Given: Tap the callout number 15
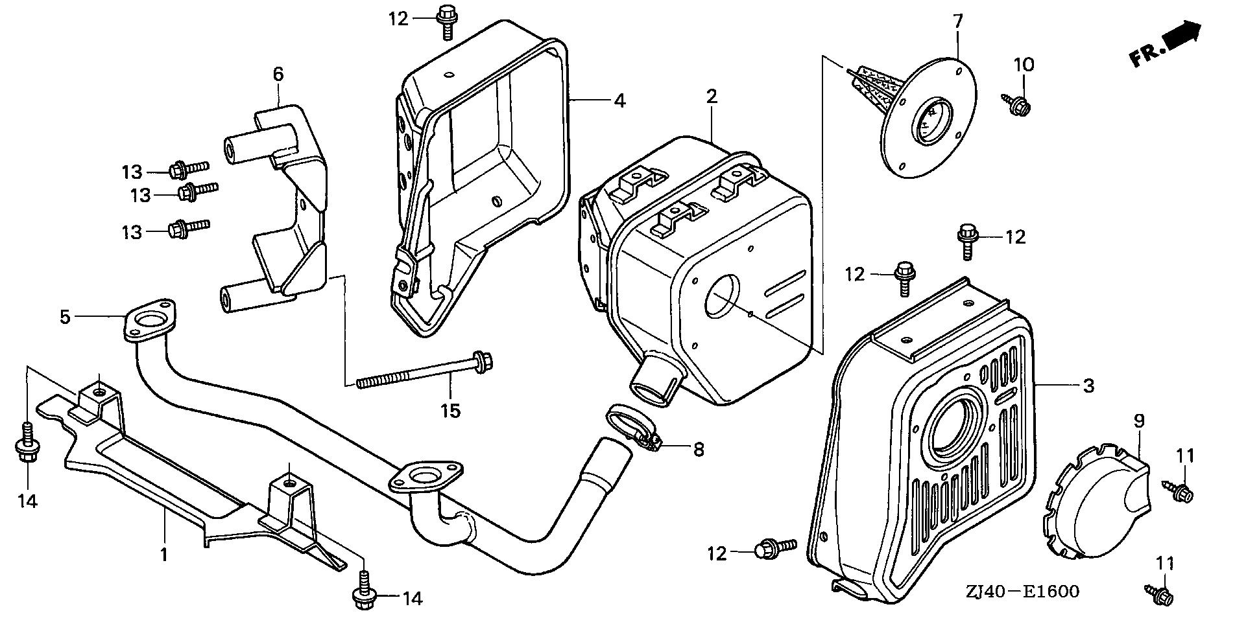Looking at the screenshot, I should [x=450, y=410].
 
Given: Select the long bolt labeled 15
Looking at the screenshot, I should [x=422, y=372].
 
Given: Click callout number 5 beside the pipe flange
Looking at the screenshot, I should [x=65, y=317].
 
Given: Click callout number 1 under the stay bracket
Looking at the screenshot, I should [x=163, y=555].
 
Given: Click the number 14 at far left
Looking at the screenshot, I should [x=28, y=500].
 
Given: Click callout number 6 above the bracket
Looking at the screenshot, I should [x=278, y=74].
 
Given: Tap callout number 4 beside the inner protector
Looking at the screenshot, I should [x=619, y=100].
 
